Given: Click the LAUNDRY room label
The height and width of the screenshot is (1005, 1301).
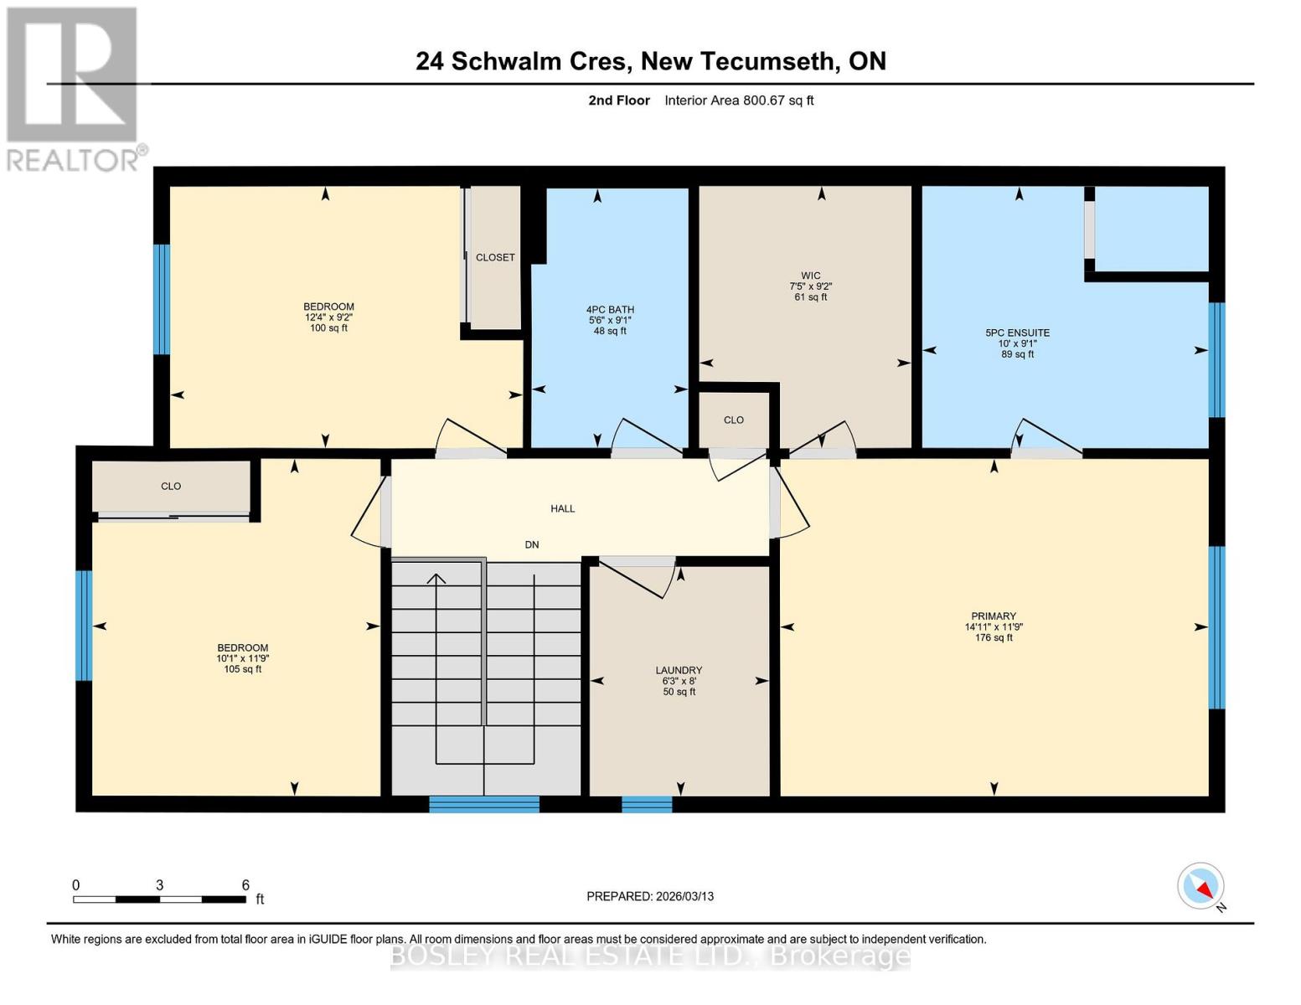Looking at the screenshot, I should (679, 670).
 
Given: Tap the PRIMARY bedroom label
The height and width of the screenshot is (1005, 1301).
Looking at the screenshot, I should (994, 616).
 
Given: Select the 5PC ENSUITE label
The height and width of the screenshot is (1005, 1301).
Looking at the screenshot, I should (1017, 332).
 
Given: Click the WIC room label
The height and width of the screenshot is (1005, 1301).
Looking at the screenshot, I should (810, 276).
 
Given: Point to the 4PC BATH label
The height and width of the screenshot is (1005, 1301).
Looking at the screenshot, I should (610, 309).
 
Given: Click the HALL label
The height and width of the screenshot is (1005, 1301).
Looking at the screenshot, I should (563, 508).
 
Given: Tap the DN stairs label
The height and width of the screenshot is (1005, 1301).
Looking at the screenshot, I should (532, 544).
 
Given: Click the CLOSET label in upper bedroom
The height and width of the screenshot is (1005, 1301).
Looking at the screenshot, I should (495, 257).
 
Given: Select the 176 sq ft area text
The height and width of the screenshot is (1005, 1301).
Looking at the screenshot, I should (994, 638).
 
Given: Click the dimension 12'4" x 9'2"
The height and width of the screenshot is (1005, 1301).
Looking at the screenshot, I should (328, 317).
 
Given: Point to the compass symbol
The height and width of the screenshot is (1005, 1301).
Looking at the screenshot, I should (1201, 886).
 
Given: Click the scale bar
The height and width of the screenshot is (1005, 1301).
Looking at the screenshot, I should (159, 899).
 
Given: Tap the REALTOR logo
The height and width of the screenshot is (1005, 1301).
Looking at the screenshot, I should (74, 88).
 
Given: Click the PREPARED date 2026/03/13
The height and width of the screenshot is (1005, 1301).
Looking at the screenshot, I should (650, 896).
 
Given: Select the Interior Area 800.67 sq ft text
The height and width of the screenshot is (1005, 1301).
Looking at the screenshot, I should (739, 100).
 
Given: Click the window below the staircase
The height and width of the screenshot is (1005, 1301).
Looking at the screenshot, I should (484, 805).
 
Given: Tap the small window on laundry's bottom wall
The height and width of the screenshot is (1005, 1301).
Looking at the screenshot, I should (647, 805).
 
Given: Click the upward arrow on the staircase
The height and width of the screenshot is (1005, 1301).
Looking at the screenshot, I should (436, 580).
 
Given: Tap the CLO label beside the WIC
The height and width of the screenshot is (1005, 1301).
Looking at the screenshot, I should (734, 420).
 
